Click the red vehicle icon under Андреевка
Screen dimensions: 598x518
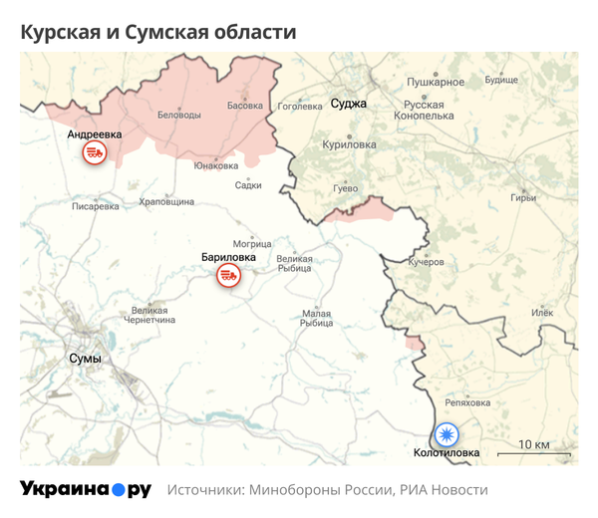point(94,152)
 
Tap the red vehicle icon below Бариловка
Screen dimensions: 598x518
point(228,276)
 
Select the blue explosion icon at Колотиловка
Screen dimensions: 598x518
point(447,434)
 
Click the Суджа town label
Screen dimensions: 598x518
point(348,103)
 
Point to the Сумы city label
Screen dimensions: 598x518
point(85,358)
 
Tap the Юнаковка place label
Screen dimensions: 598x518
point(216,165)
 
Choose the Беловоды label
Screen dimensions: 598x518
point(179,115)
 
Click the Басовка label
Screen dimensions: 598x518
point(245,105)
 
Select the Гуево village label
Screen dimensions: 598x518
point(344,188)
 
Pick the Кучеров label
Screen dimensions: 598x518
point(427,262)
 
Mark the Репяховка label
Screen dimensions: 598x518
point(467,402)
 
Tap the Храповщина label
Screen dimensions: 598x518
point(166,201)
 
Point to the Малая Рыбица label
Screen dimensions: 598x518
point(316,319)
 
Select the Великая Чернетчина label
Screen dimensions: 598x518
point(149,315)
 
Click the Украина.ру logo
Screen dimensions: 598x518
point(86,489)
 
